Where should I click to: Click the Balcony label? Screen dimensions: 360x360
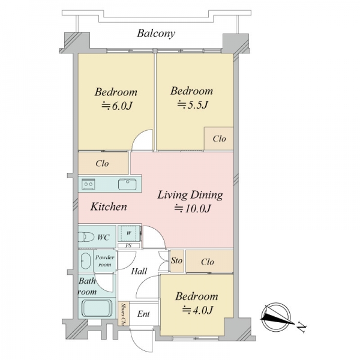pos(156,34)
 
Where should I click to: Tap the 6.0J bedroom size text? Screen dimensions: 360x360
pos(117,106)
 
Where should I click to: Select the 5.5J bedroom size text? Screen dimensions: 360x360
pos(193,105)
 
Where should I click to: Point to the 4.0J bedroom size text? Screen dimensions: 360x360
pos(197,310)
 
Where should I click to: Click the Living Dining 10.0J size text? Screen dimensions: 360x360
pos(193,208)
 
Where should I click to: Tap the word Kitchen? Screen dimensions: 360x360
pos(109,206)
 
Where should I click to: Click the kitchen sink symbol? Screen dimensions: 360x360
pos(127,184)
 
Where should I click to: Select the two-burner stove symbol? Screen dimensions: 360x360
pos(89,184)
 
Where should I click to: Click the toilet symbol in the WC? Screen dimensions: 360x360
pos(86,237)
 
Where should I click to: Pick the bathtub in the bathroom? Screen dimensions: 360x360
pos(97,308)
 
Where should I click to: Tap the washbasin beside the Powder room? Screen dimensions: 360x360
pos(86,261)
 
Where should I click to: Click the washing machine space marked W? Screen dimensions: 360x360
pos(129,233)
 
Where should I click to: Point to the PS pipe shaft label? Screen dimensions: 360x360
pos(128,245)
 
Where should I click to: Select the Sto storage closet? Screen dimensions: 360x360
pos(177,261)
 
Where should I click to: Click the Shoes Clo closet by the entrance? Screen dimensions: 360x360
pos(124,314)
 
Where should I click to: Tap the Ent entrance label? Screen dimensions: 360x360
pos(143,314)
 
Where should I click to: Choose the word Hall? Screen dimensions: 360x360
pos(139,271)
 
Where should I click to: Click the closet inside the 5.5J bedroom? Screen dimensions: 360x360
pos(219,139)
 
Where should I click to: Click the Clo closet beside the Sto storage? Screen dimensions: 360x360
pos(209,261)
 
